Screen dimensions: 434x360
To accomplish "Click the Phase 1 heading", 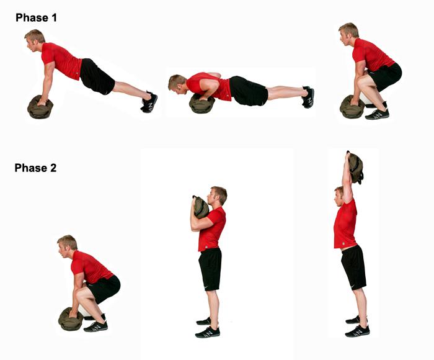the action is coord(36,18).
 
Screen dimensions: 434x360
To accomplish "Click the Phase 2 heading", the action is coord(35,168).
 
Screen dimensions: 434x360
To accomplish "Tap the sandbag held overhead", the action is coord(355,168).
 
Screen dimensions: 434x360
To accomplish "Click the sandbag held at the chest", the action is coord(201,207).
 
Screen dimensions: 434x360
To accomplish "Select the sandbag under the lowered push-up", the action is coord(201,104).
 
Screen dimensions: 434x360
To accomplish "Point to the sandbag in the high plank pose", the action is coord(40,107).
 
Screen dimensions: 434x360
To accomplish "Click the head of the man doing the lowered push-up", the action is coord(177,84).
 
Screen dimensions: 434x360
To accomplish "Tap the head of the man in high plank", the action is coord(35,40).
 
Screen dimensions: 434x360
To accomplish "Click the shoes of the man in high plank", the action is coord(149,102).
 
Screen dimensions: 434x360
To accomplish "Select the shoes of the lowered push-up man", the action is coord(308,97).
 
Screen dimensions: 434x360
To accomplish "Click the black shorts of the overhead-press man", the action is coord(353,268).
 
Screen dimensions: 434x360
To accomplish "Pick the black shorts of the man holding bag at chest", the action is coord(210,269).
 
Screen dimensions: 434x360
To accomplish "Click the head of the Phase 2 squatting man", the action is coord(67,246).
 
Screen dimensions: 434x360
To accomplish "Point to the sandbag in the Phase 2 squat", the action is coord(71,319).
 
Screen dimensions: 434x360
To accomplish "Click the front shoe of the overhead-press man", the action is coord(357,331).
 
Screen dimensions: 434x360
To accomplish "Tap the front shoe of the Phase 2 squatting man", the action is coord(95,326).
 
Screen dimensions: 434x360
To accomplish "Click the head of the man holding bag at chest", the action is coord(217,196).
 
